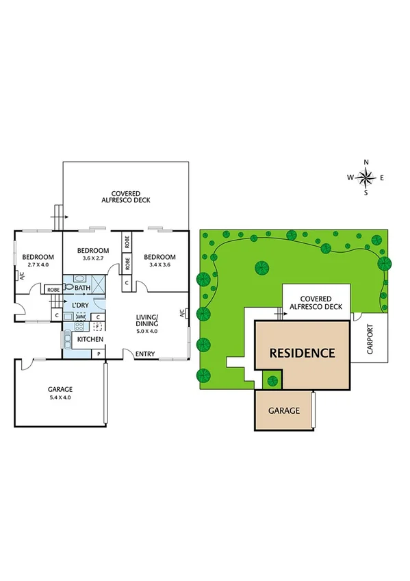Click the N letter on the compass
click(366, 162)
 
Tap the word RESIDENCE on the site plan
click(302, 354)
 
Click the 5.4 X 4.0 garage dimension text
click(60, 397)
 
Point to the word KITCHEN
click(90, 339)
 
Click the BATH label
click(82, 289)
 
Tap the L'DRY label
click(80, 305)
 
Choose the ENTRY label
click(145, 354)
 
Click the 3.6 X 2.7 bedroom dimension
click(92, 258)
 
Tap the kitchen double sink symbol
click(68, 341)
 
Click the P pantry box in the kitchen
click(99, 354)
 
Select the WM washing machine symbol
click(81, 317)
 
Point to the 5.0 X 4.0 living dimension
click(146, 331)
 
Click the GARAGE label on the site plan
click(284, 410)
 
